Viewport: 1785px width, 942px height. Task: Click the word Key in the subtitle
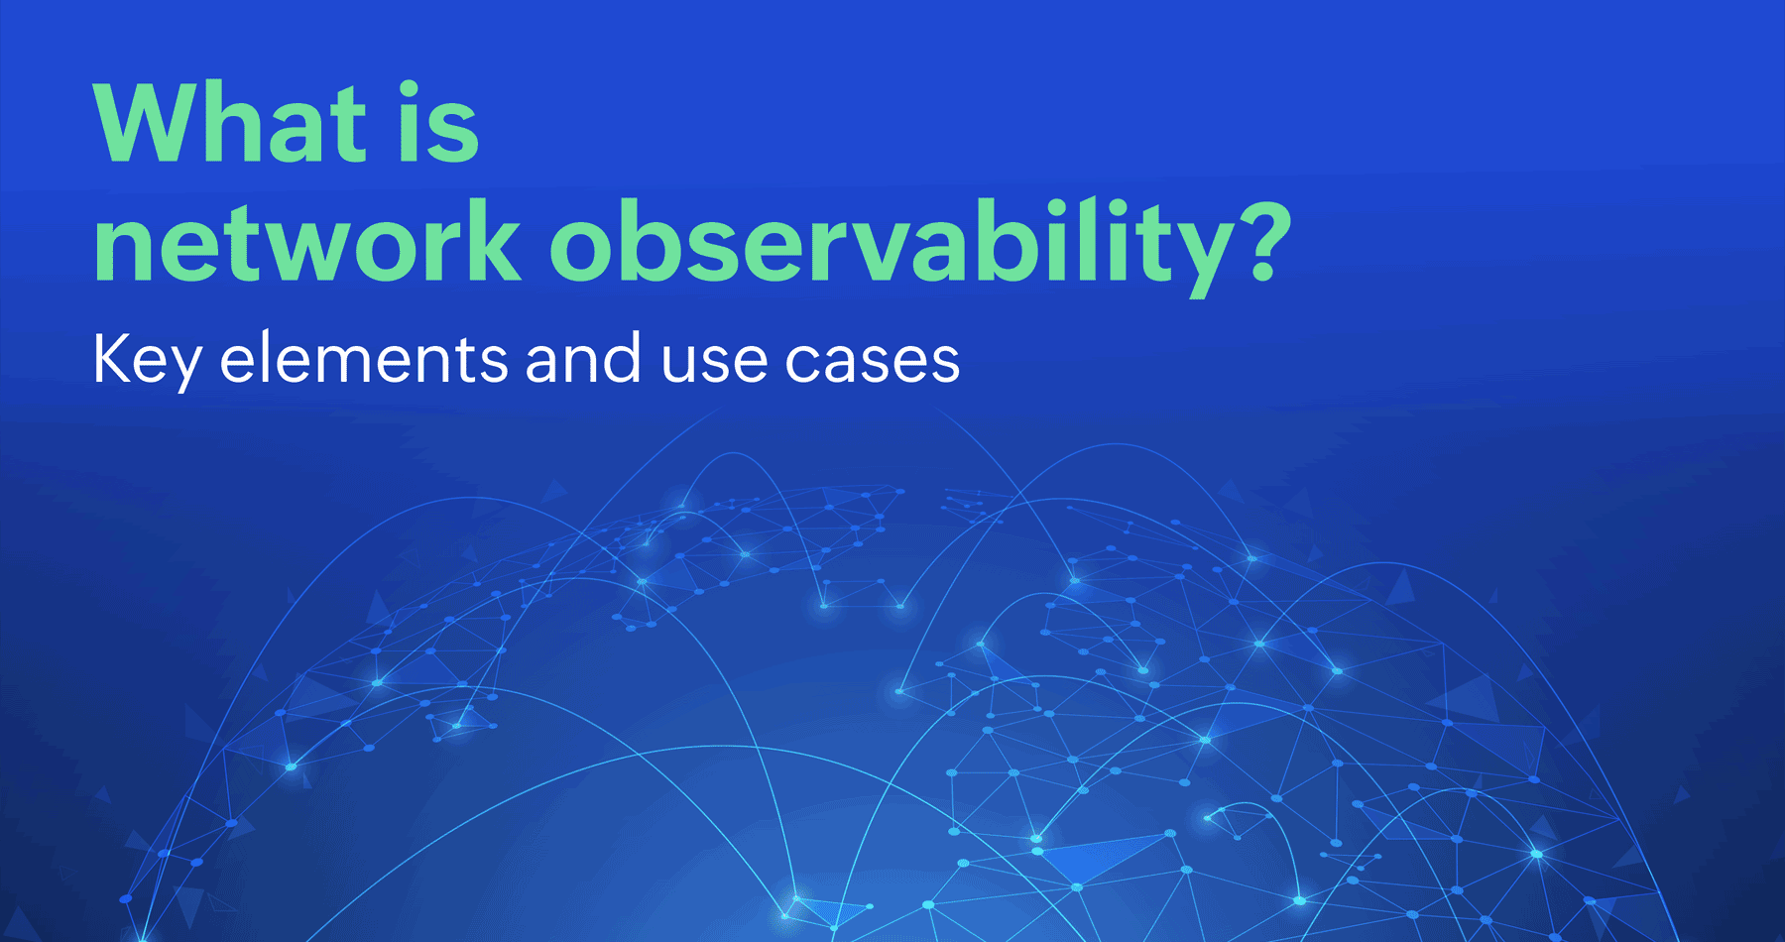point(147,359)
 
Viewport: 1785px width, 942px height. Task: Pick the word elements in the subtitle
point(363,359)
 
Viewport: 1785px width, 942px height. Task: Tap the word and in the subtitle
point(582,359)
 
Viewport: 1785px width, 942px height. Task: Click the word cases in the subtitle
point(873,359)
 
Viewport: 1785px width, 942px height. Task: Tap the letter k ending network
point(490,241)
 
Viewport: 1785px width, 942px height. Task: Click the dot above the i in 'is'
point(410,90)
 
